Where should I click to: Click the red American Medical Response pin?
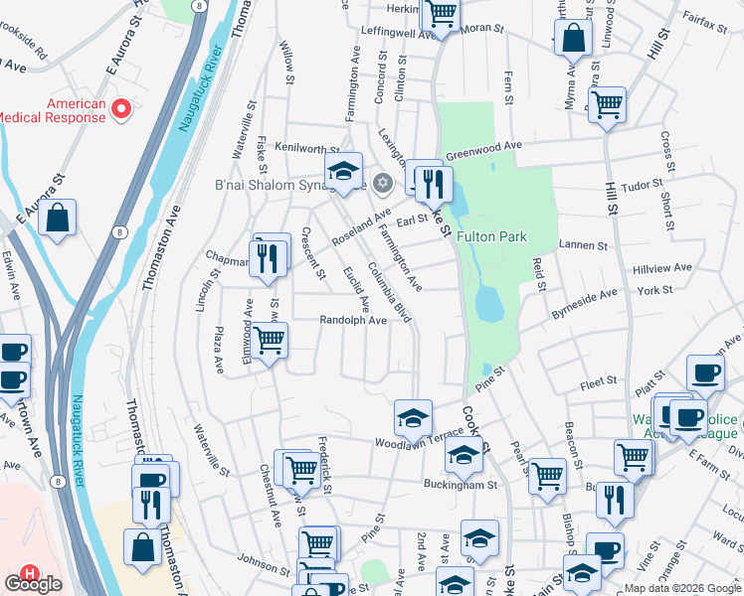point(122,107)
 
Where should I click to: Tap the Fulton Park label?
point(491,237)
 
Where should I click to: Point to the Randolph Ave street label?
point(352,321)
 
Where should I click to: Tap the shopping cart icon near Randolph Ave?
point(270,341)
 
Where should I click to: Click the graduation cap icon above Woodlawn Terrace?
point(413,417)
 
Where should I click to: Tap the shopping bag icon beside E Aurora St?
point(58,219)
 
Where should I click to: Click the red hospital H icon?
point(31,574)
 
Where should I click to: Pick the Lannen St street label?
point(583,244)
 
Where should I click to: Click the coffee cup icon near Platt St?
point(705,372)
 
